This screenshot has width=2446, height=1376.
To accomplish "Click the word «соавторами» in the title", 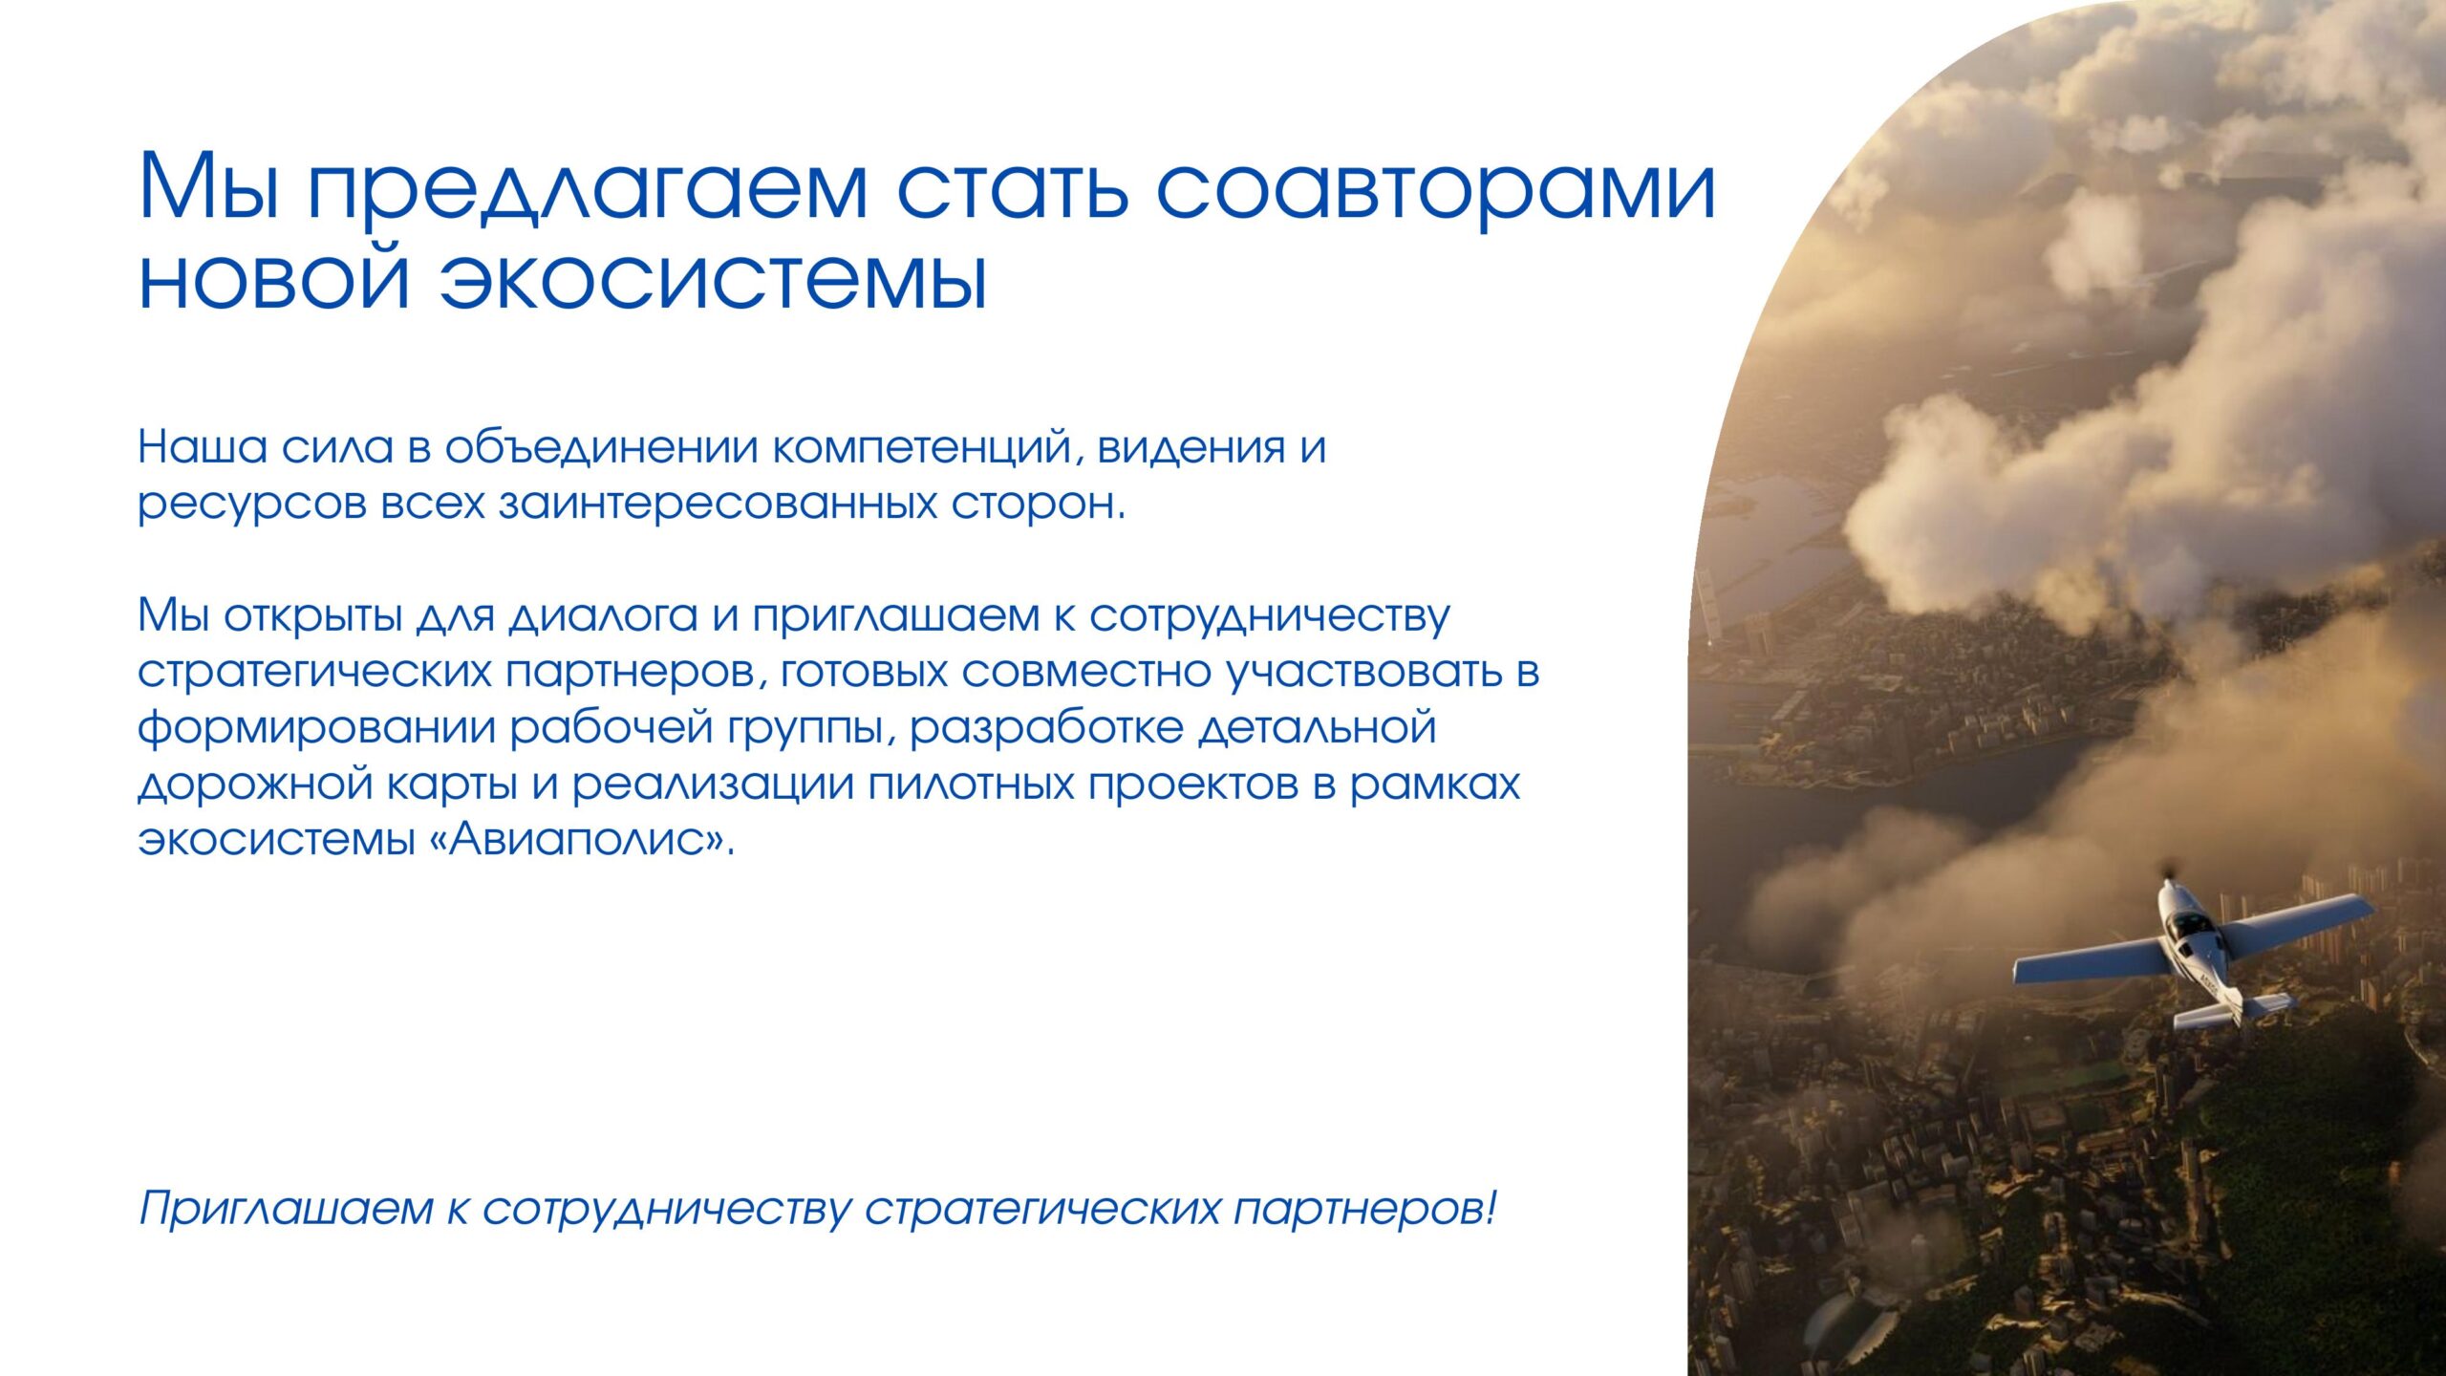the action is (x=1436, y=187).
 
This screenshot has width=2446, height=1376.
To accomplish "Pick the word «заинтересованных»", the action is (x=719, y=504).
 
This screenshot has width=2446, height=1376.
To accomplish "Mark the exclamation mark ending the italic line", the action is (x=1490, y=1207).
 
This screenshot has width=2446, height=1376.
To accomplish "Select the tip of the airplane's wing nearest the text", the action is (x=2017, y=972).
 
